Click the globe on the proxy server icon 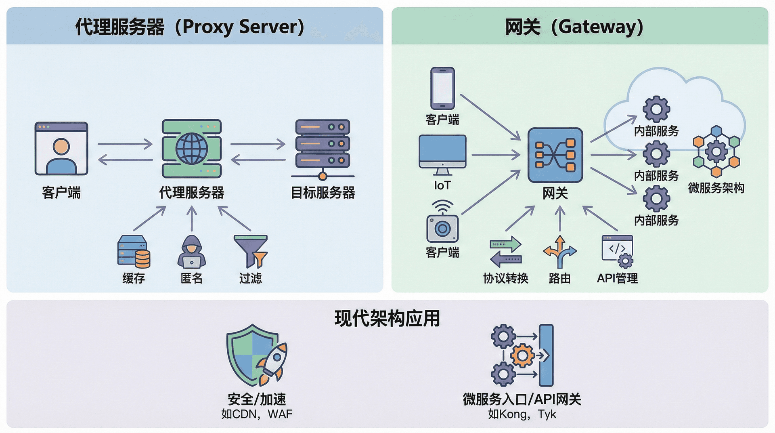tap(192, 148)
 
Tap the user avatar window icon tap(61, 148)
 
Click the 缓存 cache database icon tap(134, 252)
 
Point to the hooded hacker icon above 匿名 tap(192, 252)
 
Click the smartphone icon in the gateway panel tap(442, 88)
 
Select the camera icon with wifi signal tap(442, 222)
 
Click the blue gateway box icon tap(555, 155)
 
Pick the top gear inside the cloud tap(656, 109)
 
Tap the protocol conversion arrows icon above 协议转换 tap(505, 252)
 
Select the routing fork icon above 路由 tap(559, 252)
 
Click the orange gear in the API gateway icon tap(522, 355)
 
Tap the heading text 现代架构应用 tap(387, 318)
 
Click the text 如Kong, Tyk tap(522, 414)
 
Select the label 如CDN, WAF tap(257, 414)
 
